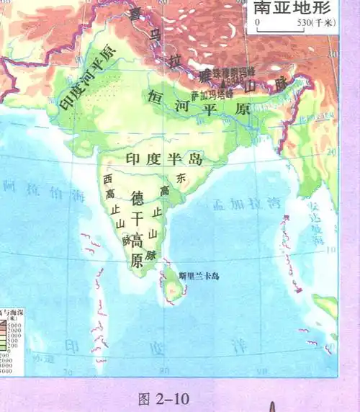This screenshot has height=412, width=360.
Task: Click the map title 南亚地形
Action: (294, 9)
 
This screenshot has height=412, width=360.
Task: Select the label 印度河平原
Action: (87, 78)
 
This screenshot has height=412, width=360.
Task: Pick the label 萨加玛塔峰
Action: (212, 94)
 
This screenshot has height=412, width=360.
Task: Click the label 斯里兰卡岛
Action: (198, 274)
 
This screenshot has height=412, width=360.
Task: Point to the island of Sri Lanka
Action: (174, 288)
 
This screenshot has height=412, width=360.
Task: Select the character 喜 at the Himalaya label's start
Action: (134, 14)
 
